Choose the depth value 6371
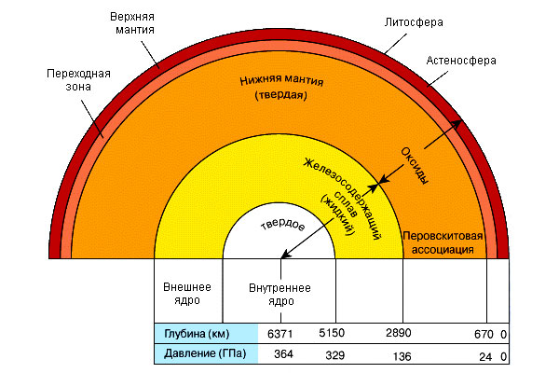[279, 333]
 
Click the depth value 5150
[333, 333]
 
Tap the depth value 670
[484, 333]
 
